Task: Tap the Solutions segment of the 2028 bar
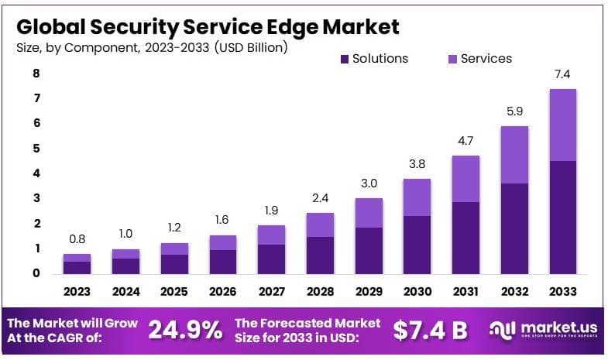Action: point(319,255)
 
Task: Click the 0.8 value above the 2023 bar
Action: point(77,239)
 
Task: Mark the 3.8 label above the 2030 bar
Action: point(417,164)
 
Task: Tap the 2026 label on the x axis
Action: point(222,292)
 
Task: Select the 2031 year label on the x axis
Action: point(465,292)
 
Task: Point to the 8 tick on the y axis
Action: point(36,74)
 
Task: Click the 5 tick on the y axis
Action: point(36,149)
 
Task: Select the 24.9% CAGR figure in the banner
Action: point(185,330)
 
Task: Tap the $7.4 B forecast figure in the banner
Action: point(430,330)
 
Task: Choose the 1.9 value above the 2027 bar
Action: point(270,211)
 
